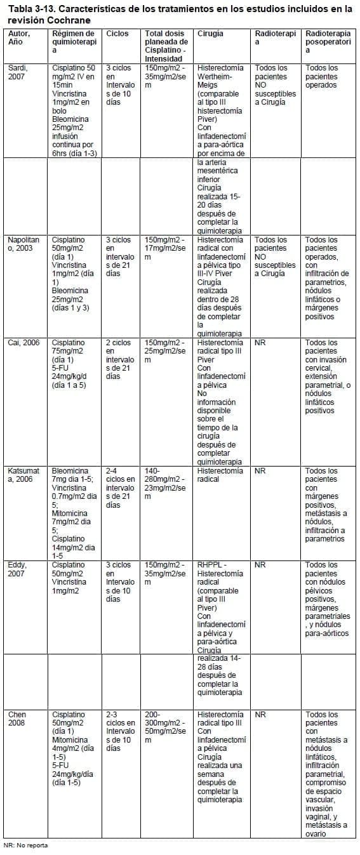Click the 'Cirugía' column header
pos(210,33)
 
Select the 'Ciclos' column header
pos(117,33)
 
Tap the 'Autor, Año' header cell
pos(19,37)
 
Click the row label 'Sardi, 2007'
pos(18,72)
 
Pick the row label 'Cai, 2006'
pos(23,343)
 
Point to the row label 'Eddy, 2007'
pos(18,569)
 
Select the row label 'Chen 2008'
pos(17,719)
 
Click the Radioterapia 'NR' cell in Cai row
pos(260,343)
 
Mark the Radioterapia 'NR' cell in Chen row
pos(260,715)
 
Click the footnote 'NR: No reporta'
pos(26,845)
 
